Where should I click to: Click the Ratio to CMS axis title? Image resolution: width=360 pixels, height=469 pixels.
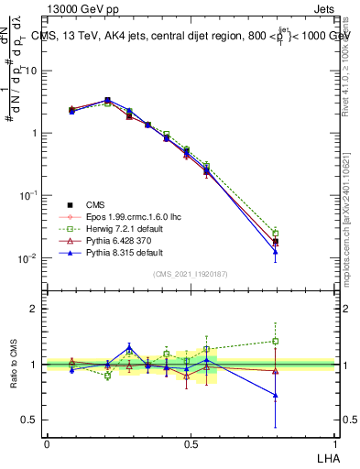pos(15,365)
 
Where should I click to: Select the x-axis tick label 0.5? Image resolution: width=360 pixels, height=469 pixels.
pos(191,443)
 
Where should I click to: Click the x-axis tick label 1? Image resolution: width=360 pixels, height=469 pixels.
pos(334,443)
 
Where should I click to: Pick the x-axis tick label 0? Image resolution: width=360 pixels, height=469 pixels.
pos(47,443)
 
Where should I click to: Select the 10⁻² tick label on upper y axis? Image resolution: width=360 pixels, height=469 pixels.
pos(27,258)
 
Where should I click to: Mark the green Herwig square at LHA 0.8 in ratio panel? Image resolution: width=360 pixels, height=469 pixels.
pos(276,342)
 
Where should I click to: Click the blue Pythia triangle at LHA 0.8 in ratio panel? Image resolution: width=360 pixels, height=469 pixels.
pos(276,396)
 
